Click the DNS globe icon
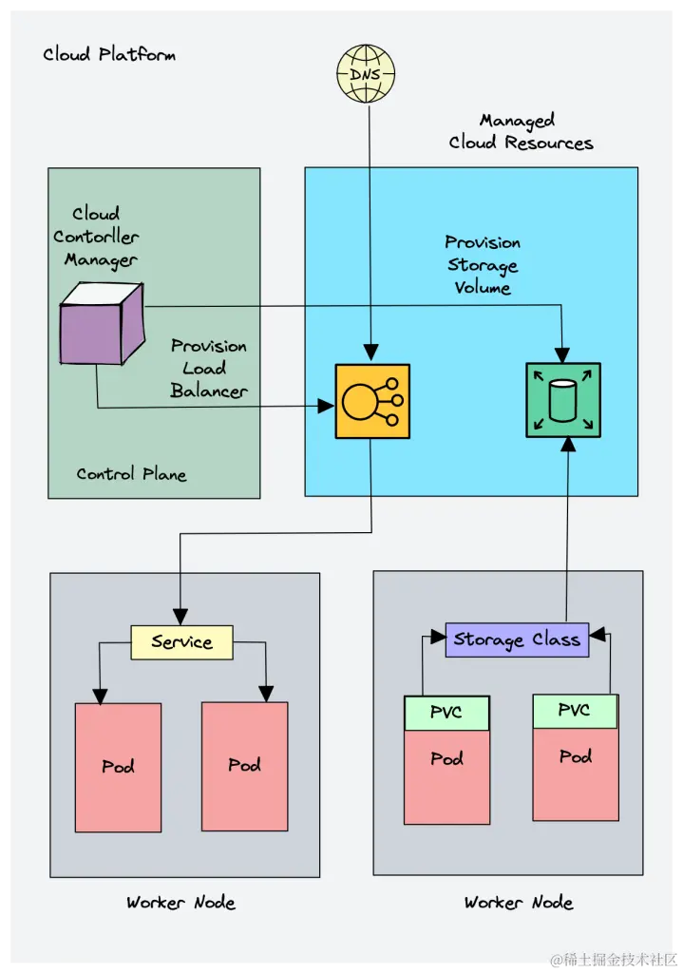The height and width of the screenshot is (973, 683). coord(366,73)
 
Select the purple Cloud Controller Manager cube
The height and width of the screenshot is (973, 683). coord(102,324)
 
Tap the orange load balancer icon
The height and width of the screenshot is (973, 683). coord(372,401)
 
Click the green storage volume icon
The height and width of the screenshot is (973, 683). coord(563,400)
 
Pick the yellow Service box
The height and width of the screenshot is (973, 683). coord(181,642)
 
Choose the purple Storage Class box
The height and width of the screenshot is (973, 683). coord(517,639)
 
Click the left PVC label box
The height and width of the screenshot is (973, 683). coord(446,713)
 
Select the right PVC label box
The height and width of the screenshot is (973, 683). coord(575,711)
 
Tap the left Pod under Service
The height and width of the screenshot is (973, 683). coord(119,767)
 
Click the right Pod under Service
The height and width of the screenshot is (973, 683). coord(245,765)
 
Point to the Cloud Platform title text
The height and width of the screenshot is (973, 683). coord(109,54)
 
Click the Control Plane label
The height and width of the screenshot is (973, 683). coord(131,474)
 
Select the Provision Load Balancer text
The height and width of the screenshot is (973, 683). coord(208,369)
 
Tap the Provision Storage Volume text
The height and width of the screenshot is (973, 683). coord(483,265)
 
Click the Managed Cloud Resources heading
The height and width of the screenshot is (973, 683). coord(521,132)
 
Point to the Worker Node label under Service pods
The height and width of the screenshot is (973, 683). coord(180,902)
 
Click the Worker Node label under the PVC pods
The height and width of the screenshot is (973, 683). coord(519,902)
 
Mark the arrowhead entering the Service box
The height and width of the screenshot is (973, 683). coord(180,616)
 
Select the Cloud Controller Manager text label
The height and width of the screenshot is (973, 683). coord(96,237)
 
